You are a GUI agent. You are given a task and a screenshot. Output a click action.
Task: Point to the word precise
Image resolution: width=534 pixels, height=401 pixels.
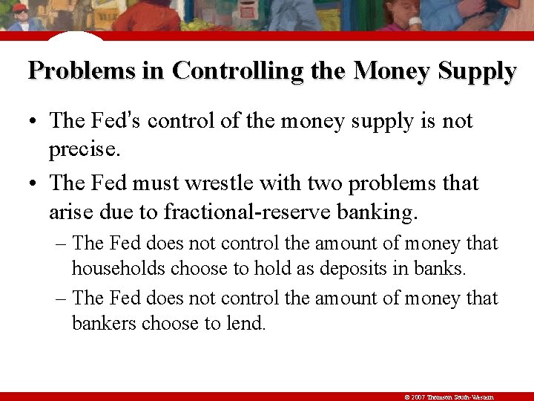(x=84, y=151)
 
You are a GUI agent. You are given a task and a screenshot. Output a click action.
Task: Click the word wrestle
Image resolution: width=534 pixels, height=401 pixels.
(x=236, y=183)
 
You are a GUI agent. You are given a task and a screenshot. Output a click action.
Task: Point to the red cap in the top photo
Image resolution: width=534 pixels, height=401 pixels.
(x=20, y=7)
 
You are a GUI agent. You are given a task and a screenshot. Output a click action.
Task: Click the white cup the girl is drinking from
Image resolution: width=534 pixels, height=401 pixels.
(x=415, y=22)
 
